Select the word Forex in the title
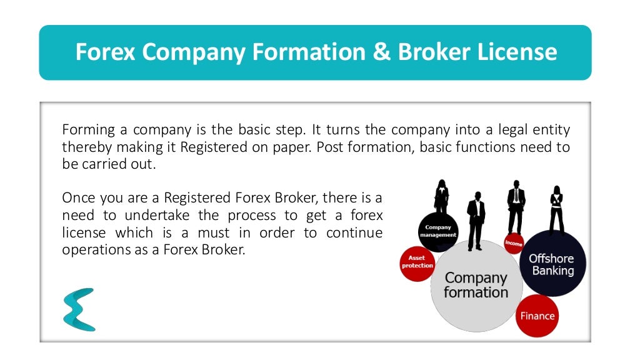(105, 52)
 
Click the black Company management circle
(438, 232)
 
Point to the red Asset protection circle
(417, 262)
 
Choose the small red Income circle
(513, 242)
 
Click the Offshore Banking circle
(552, 264)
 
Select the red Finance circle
(537, 316)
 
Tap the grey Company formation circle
(476, 285)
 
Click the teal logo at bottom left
(79, 309)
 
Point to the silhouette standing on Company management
(441, 197)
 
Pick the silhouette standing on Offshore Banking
(556, 209)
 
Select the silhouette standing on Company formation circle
(476, 219)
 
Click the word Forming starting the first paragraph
(89, 130)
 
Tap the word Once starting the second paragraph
(77, 198)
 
